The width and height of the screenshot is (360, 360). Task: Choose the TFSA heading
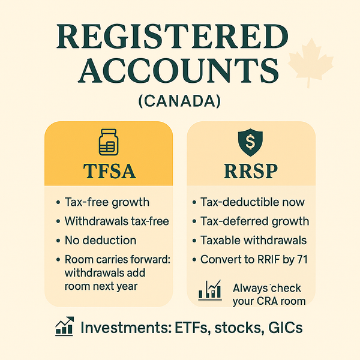[109, 171]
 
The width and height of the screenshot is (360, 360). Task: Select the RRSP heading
[251, 171]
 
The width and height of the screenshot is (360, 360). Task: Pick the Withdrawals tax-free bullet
[116, 221]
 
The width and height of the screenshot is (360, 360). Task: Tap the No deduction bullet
[100, 240]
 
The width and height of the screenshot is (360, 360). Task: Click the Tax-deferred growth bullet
[255, 221]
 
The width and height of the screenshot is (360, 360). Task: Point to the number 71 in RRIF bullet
[302, 259]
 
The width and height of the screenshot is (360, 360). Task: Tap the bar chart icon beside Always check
[210, 291]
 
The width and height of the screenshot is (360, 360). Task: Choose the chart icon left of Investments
[64, 327]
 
